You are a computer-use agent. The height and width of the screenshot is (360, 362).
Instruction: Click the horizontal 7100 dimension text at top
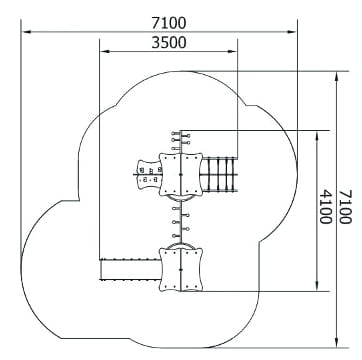point(169,23)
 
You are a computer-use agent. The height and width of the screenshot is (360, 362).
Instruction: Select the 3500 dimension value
point(169,43)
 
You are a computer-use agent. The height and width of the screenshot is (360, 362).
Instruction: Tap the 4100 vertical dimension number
point(325,207)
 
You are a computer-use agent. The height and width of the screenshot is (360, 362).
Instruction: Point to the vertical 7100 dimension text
point(345,207)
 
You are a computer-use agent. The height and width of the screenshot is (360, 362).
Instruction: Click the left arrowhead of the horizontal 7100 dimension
point(27,32)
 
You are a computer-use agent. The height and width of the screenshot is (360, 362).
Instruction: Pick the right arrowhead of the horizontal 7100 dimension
point(291,32)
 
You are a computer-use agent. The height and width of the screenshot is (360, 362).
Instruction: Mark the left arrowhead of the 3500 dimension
point(105,51)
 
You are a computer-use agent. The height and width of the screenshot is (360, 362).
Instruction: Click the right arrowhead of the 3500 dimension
point(232,51)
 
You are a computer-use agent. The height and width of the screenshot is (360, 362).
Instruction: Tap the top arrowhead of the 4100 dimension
point(317,136)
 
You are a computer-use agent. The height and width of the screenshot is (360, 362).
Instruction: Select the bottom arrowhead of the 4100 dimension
point(317,286)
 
